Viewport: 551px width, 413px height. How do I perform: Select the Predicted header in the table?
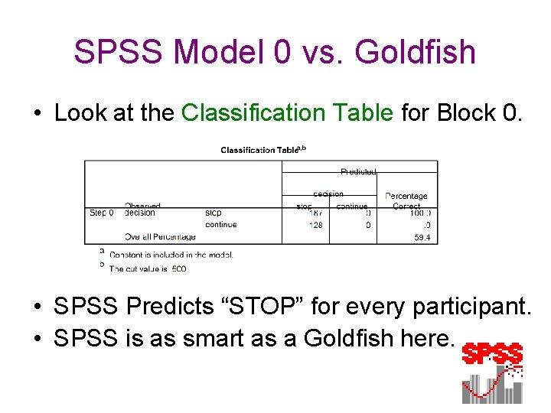(x=358, y=171)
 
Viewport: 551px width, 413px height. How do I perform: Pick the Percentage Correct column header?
(x=406, y=201)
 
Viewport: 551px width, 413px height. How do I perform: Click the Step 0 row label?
(x=102, y=213)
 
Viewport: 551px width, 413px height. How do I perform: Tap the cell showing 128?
(x=315, y=225)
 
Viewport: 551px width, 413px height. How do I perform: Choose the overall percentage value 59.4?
(x=422, y=238)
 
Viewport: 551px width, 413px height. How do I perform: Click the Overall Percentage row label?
(x=160, y=237)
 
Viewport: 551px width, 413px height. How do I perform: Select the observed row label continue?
(x=220, y=225)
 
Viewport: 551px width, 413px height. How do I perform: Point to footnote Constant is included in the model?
(x=171, y=255)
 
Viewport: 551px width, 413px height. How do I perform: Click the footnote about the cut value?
(x=148, y=268)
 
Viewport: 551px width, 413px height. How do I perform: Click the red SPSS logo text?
(x=493, y=355)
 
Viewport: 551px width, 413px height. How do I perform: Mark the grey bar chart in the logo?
(x=492, y=386)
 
